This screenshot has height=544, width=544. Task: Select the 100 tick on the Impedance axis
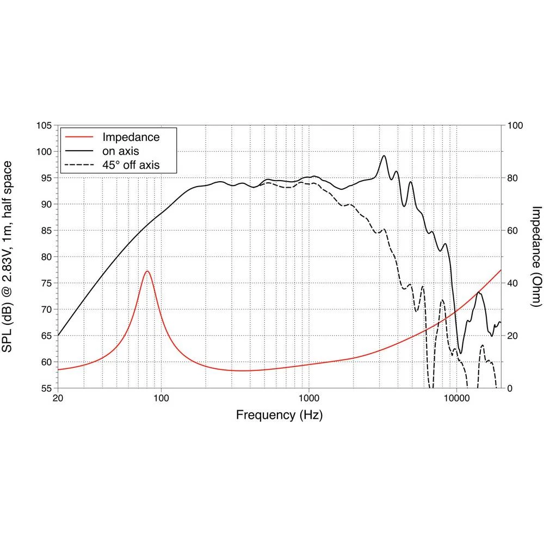[515, 126]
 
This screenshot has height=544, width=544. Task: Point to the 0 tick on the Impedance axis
[510, 388]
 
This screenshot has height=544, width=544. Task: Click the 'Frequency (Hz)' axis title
[279, 416]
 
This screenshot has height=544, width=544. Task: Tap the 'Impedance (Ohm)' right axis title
[536, 257]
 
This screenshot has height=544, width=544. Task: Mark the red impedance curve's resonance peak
[147, 271]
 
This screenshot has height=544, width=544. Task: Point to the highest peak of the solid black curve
[384, 156]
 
